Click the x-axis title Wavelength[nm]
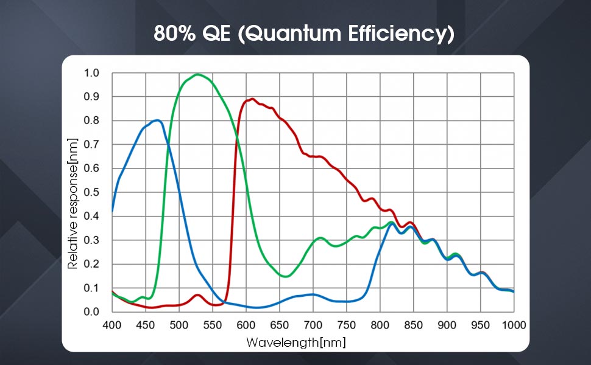296,342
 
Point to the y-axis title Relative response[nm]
73,203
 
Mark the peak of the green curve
197,74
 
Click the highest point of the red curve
252,99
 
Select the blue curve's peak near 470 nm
158,120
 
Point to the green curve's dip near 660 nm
285,276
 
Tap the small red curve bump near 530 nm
197,295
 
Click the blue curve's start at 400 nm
113,212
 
